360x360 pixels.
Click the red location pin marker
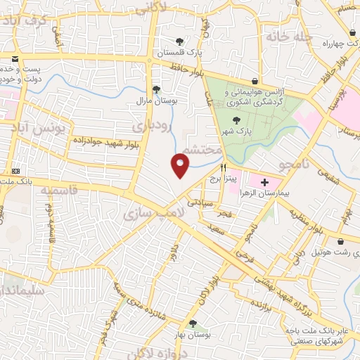click(181, 165)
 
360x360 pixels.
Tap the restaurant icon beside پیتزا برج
click(223, 168)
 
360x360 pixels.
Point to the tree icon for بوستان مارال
click(156, 89)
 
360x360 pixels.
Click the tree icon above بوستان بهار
click(192, 323)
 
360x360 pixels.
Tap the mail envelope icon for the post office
click(15, 58)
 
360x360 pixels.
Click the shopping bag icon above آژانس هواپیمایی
click(254, 82)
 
